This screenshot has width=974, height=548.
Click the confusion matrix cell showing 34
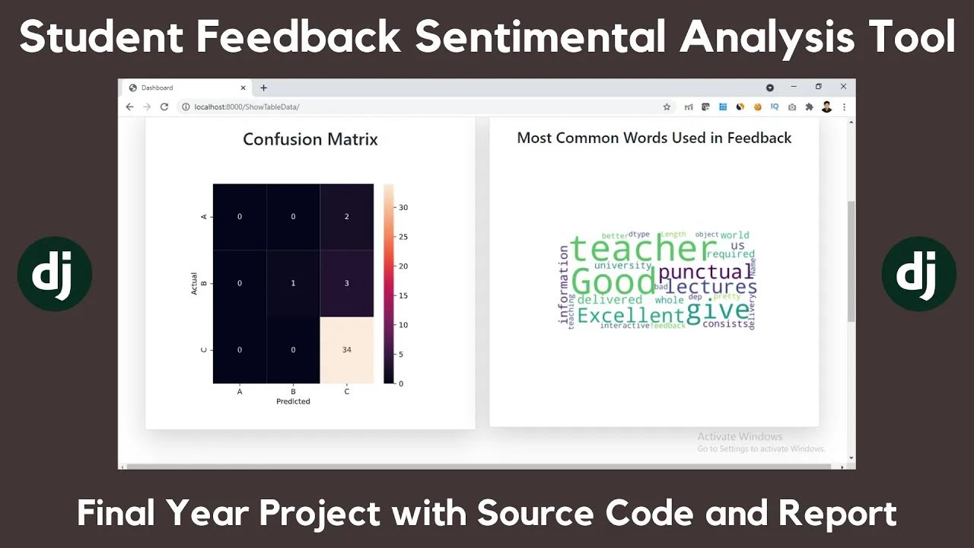pos(346,349)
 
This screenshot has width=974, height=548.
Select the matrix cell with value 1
pos(293,283)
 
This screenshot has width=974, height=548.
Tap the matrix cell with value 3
pos(346,283)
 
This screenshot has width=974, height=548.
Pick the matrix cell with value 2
pos(346,217)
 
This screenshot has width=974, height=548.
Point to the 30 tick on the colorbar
pos(403,207)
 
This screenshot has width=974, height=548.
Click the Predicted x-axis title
pos(293,401)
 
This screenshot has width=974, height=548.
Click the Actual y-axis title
pos(195,283)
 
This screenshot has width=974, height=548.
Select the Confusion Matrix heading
pos(310,139)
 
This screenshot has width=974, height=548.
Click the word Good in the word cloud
pos(613,282)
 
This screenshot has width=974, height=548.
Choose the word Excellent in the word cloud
pos(631,315)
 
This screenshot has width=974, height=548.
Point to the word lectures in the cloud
pos(712,288)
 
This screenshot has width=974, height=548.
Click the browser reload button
pos(164,107)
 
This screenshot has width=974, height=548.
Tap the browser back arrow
pos(130,107)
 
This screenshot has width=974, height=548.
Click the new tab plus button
pos(264,88)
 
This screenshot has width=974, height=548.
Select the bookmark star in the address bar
pos(667,107)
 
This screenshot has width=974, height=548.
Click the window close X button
pos(843,87)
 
